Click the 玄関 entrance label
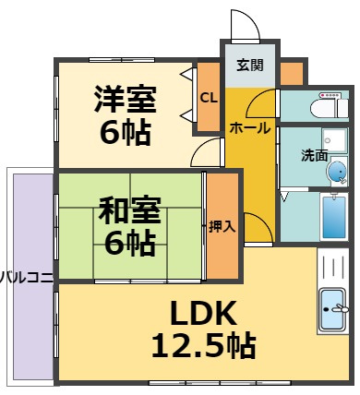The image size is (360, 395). (250, 66)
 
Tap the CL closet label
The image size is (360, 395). (209, 98)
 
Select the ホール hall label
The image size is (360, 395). (250, 128)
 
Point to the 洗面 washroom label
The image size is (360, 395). (314, 156)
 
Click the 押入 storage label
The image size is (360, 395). (222, 227)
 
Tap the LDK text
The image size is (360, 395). (204, 313)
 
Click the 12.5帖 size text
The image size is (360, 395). (204, 345)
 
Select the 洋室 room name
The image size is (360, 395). (125, 99)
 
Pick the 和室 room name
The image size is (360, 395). (129, 210)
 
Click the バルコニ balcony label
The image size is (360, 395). (27, 278)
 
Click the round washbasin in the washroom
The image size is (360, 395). (336, 172)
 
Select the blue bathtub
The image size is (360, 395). (334, 217)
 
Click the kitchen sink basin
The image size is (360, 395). (332, 309)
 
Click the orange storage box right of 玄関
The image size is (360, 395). (292, 74)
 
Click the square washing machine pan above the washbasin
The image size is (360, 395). (335, 140)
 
